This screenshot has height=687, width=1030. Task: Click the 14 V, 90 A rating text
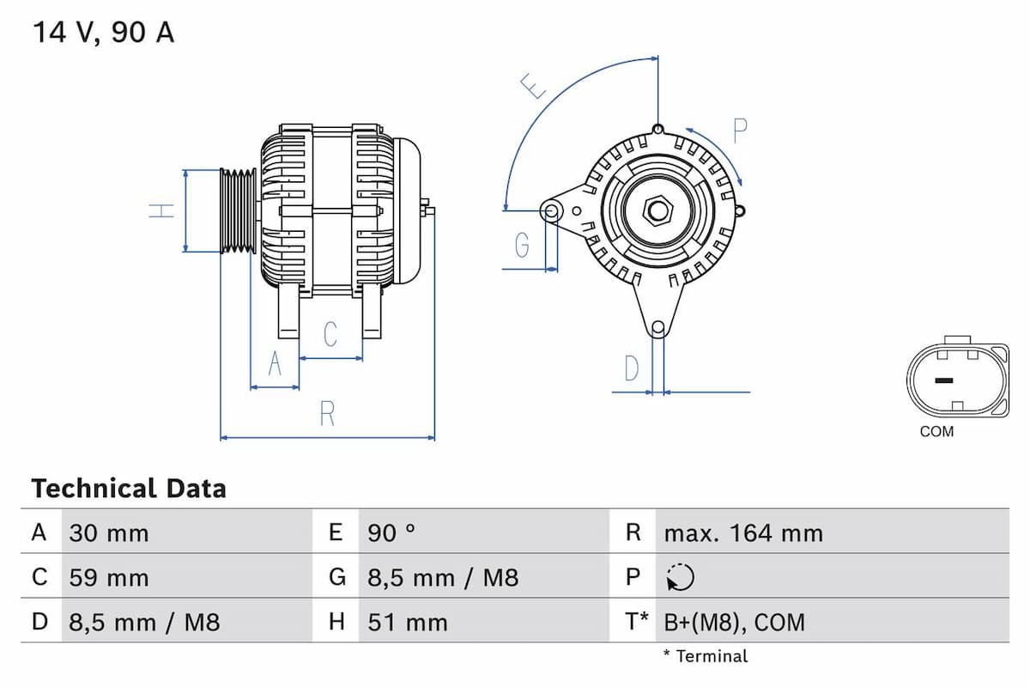coord(103,33)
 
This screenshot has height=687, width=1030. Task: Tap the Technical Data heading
coord(129,489)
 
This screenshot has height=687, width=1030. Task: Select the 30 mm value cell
coord(109,533)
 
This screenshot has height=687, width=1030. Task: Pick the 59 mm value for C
coord(109,577)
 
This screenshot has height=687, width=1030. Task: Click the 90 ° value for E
coord(391,533)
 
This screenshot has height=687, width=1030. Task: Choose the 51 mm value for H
coord(408,622)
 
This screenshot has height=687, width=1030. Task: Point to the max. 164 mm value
coord(743,533)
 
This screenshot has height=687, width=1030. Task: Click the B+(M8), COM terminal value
coord(735,622)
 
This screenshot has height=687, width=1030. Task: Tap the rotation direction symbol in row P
coord(679,578)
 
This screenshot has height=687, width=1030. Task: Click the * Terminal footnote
coord(705,656)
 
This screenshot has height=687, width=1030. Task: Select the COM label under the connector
coord(936,431)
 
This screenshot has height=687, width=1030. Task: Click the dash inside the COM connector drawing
coord(943,380)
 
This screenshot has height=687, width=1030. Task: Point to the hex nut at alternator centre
coord(658,210)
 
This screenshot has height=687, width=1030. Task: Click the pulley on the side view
coord(238,211)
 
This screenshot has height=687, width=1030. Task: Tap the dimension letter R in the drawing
coord(327,414)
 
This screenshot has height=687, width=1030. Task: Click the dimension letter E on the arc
coord(535,86)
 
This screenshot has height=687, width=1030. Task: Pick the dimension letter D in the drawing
coord(632,368)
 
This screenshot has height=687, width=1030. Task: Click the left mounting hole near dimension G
coord(551,210)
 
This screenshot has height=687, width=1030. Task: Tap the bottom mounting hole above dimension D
coord(658,327)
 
